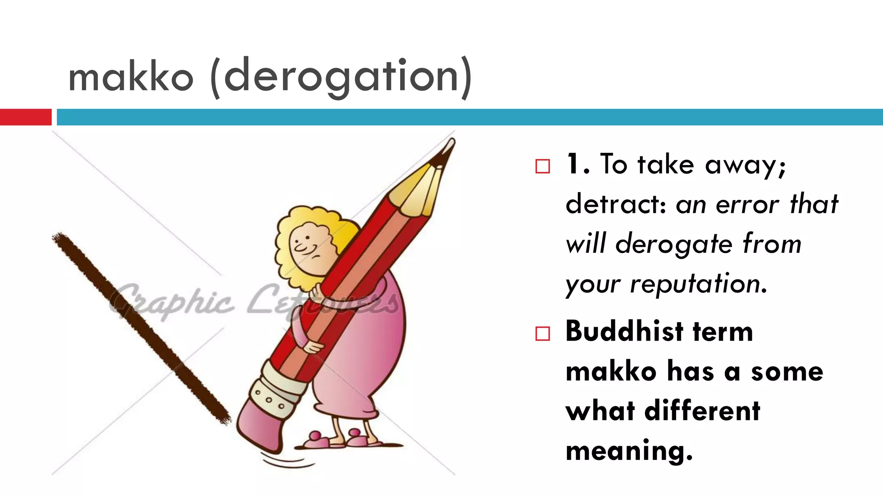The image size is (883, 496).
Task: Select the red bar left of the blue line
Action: (x=25, y=117)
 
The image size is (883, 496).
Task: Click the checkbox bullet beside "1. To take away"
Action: (x=542, y=166)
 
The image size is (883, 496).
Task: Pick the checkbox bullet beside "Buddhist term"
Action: (x=542, y=334)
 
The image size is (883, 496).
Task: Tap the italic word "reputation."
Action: (x=698, y=284)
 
